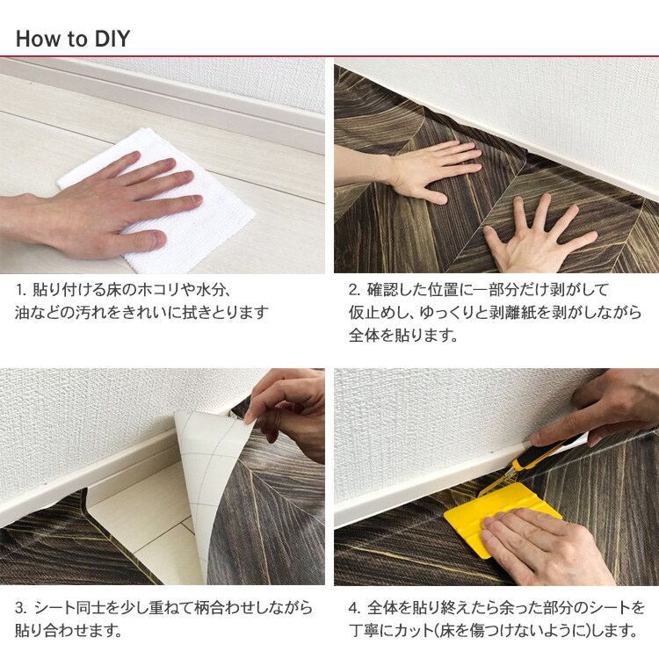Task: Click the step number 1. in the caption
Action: click(21, 290)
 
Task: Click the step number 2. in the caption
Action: click(355, 290)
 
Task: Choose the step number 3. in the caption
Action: click(21, 608)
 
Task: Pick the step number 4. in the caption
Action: click(355, 608)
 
